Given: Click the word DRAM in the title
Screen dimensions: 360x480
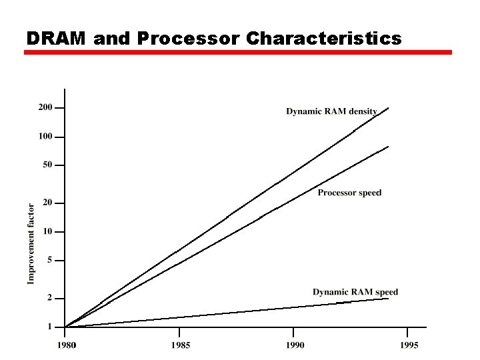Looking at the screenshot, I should [x=57, y=39].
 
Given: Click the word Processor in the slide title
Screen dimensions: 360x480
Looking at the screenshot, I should [x=187, y=39].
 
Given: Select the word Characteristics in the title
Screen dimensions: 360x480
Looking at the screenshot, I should [x=324, y=39].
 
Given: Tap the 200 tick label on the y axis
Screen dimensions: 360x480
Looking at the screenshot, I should [x=45, y=107].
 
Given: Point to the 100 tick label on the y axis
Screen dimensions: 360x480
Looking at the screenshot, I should [x=45, y=137].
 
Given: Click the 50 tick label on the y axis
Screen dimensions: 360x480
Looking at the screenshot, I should [x=47, y=165].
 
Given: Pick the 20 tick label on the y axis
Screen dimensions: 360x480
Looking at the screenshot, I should [x=47, y=203].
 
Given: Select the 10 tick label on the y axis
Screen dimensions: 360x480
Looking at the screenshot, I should [x=47, y=232].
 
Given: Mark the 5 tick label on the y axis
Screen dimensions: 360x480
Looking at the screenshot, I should [x=49, y=260].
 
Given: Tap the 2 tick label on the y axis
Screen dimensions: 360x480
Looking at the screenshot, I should [x=49, y=298].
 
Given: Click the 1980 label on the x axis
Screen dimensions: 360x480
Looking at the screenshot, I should [x=65, y=345].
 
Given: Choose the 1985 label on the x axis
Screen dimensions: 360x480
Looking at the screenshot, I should [x=180, y=345].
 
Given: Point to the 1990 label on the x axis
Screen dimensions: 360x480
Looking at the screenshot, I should [x=294, y=345].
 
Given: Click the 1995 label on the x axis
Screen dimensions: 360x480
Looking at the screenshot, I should [x=409, y=345].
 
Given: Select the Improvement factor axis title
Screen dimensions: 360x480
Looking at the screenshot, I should [x=31, y=243].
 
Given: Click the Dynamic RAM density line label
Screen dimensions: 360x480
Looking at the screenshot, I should [x=331, y=111].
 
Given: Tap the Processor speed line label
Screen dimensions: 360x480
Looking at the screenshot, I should [x=349, y=193].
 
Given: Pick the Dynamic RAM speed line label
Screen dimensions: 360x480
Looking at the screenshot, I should [x=355, y=292].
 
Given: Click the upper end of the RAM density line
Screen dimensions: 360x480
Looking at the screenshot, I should [x=388, y=108].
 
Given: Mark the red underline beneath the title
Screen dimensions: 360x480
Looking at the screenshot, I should [x=238, y=52].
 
